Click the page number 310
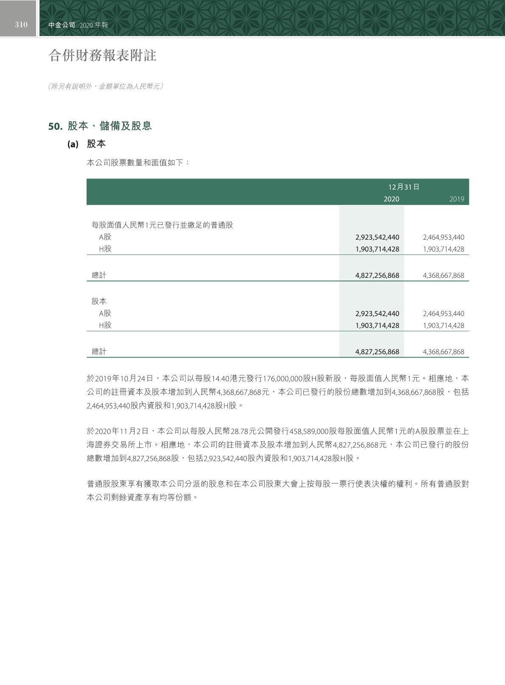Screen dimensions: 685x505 [21, 25]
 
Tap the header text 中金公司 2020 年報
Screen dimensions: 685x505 [78, 25]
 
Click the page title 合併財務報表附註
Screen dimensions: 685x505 [102, 55]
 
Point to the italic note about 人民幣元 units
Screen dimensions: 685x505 [106, 86]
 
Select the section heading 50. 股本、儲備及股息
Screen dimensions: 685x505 [100, 126]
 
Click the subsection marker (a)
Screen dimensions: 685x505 [73, 144]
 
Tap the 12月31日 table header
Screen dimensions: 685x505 [404, 187]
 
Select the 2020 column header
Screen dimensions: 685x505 [391, 199]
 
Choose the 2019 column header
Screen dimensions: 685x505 [457, 199]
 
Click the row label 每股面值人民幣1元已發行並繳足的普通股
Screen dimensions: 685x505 [163, 225]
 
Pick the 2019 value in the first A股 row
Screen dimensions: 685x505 [443, 237]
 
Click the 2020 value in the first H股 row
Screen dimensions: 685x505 [377, 249]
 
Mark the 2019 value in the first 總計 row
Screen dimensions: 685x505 [443, 275]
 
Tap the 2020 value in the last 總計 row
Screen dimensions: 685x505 [377, 352]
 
